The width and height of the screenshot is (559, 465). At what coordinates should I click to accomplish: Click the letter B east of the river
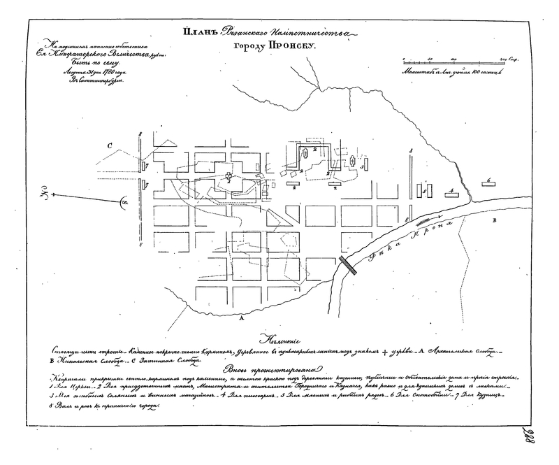pos(495,222)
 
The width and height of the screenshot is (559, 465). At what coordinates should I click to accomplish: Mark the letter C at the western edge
pos(110,145)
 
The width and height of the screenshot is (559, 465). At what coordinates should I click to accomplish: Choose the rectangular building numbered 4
pos(451,192)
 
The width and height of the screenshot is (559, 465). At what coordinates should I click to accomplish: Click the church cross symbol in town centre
pos(228,174)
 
